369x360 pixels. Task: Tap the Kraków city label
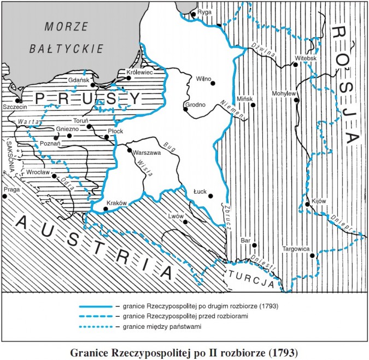(117, 203)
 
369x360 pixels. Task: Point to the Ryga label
(204, 11)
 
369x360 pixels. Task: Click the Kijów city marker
(308, 205)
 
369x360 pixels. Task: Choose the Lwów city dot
(186, 222)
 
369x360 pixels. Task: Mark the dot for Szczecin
(19, 101)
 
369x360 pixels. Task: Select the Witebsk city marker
(295, 65)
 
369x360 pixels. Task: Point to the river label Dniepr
(342, 221)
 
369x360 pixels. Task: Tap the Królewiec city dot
(129, 78)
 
